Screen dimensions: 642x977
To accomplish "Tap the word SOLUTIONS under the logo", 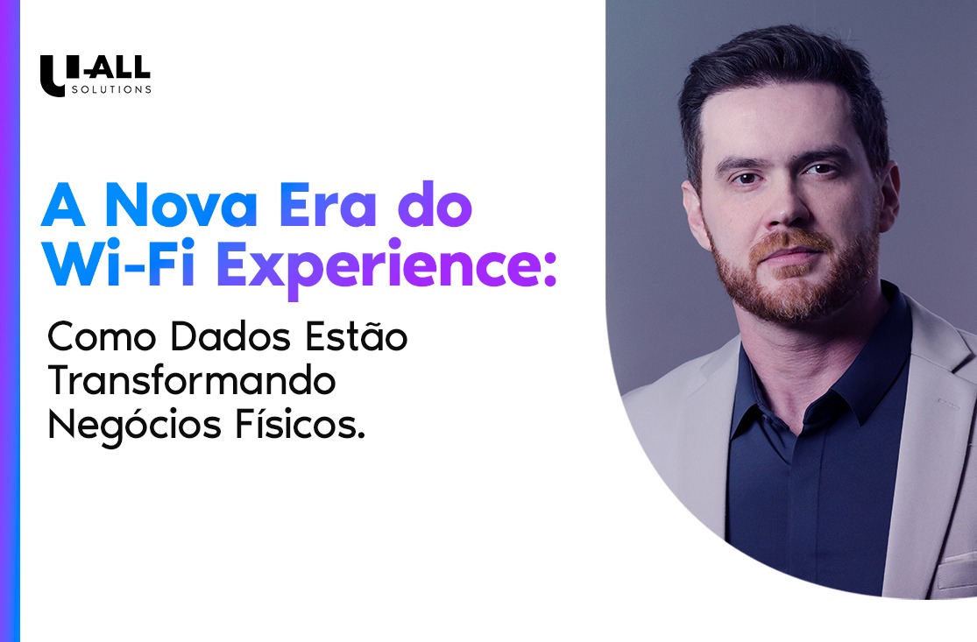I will pos(111,89).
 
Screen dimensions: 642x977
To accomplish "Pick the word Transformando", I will pos(192,382).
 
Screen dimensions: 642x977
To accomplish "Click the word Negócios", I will pos(126,427).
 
